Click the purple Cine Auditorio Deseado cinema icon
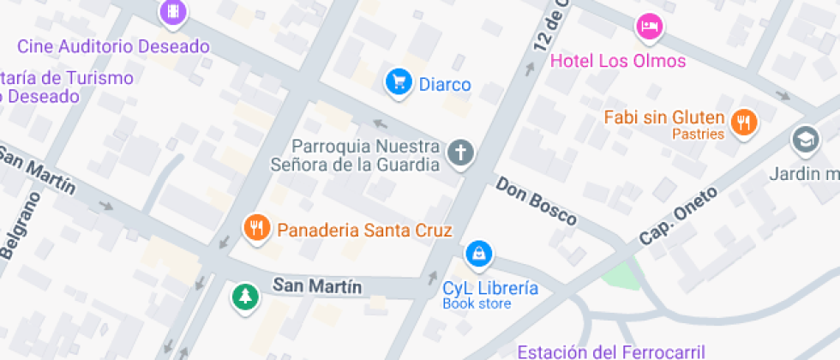click(173, 12)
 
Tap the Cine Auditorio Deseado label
click(113, 45)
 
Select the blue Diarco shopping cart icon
click(399, 82)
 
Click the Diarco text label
click(445, 84)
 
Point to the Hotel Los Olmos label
click(617, 61)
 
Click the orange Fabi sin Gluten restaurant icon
click(745, 122)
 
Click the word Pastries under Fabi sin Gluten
click(698, 134)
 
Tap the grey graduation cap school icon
click(806, 139)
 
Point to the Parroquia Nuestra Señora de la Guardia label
click(367, 155)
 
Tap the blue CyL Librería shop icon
click(478, 254)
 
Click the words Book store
click(477, 303)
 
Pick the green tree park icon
click(245, 297)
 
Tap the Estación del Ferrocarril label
click(610, 351)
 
